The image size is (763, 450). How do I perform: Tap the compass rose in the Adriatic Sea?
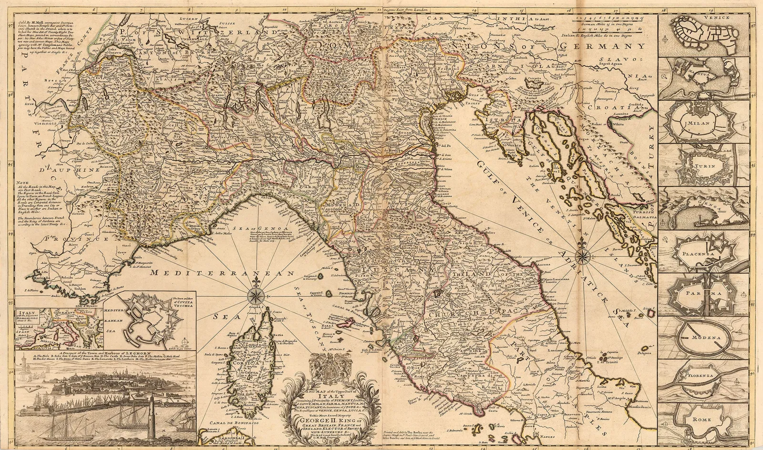pos(583,256)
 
